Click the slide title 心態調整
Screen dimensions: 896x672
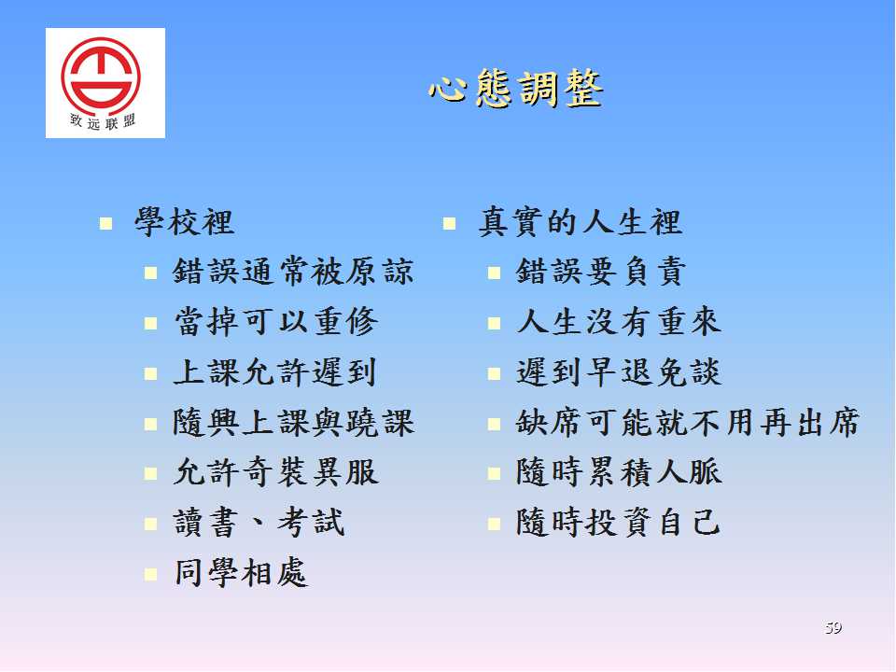coord(515,88)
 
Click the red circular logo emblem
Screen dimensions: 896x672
coord(101,75)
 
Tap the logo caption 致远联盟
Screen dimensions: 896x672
coord(103,121)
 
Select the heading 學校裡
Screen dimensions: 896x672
coord(185,222)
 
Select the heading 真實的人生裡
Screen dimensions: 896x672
coord(580,222)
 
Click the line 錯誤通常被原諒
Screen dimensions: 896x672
coord(293,272)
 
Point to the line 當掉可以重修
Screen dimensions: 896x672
coord(275,321)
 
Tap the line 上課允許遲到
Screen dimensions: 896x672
coord(274,372)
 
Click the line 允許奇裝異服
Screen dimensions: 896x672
coord(276,472)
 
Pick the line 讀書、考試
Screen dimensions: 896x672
coord(259,523)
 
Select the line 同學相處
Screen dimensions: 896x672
coord(241,573)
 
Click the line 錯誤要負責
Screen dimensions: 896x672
coord(600,272)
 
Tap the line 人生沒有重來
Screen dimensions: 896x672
coord(619,321)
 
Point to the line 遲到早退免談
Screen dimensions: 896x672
coord(619,372)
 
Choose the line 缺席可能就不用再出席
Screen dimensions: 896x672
coord(688,422)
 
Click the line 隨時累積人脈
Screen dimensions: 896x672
coord(619,472)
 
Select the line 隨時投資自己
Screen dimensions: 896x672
coord(618,523)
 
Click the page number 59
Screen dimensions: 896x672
coord(833,628)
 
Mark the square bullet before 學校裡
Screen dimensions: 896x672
coord(105,223)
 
